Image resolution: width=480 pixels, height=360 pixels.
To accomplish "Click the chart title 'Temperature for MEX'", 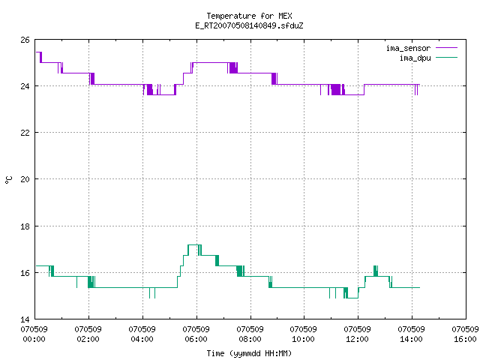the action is [249, 16].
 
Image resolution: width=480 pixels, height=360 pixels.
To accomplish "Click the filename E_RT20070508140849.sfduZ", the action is [249, 25].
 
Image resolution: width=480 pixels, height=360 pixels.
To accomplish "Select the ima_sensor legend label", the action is [408, 48].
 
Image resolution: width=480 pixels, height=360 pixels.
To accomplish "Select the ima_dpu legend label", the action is [415, 58].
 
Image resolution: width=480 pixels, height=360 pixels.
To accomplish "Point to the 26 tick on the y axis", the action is [25, 40].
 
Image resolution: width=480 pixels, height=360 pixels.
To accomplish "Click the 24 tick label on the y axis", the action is [25, 86].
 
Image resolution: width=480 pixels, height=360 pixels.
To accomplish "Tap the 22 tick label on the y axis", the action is [25, 133].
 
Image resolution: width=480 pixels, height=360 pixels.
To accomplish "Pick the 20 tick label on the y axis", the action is [25, 179].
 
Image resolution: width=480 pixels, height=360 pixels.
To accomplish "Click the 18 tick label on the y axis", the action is [25, 226].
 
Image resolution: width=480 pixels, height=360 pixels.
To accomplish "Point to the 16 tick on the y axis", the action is [25, 273].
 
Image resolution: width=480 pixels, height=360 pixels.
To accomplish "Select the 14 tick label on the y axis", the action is [25, 319].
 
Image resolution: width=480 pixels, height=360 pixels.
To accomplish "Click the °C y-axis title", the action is [8, 180].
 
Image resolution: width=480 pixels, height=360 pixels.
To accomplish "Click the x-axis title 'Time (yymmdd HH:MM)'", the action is [249, 353].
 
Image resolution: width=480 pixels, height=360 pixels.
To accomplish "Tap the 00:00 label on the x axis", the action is [34, 339].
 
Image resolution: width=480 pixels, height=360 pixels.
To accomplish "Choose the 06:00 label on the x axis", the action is [196, 339].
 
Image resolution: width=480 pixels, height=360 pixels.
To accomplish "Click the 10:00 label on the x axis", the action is [303, 339].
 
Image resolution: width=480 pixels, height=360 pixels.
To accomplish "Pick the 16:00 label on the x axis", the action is [465, 339].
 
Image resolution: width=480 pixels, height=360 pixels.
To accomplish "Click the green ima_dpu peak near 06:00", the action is [195, 245].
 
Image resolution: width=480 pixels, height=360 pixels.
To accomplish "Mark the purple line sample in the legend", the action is [447, 48].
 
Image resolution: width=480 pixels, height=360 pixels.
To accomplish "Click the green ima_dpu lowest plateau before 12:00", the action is [353, 298].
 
